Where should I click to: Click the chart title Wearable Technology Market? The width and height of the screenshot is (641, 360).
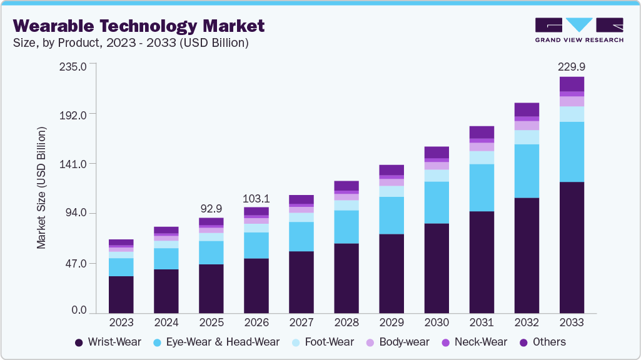(138, 26)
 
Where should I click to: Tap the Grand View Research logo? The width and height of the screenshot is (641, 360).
(578, 30)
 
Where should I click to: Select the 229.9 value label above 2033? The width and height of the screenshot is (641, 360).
(571, 67)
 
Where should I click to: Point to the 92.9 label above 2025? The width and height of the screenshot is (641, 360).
(211, 207)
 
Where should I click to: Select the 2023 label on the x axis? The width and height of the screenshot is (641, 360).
(121, 322)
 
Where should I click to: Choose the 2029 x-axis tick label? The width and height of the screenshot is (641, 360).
(391, 322)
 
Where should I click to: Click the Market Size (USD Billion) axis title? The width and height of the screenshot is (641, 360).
(41, 187)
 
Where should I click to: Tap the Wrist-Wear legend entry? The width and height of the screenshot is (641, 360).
(108, 342)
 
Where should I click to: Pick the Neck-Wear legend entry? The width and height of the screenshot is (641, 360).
(475, 342)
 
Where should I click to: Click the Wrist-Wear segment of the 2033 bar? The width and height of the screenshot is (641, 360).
(572, 247)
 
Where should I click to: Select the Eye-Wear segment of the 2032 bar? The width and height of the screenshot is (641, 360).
(527, 171)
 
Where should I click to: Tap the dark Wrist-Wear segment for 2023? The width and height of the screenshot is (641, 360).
(121, 294)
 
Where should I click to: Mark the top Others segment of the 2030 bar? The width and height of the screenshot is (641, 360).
(437, 152)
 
